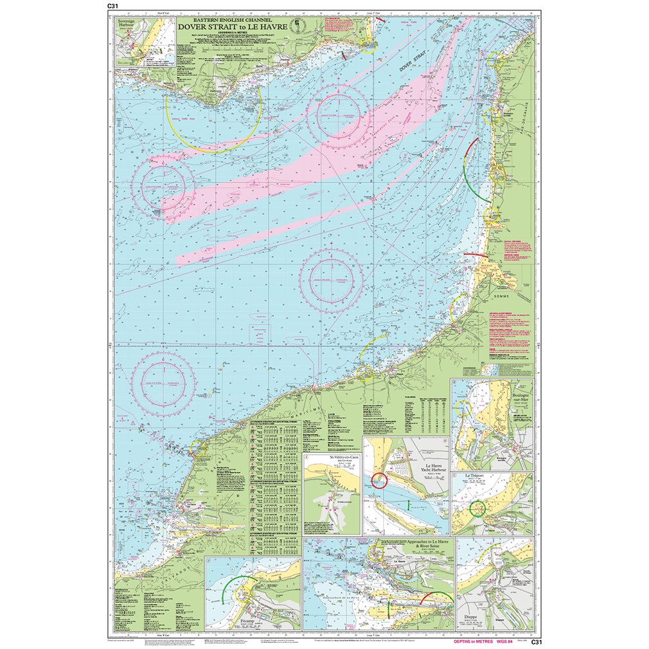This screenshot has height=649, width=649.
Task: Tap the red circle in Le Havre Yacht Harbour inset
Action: click(379, 479)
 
